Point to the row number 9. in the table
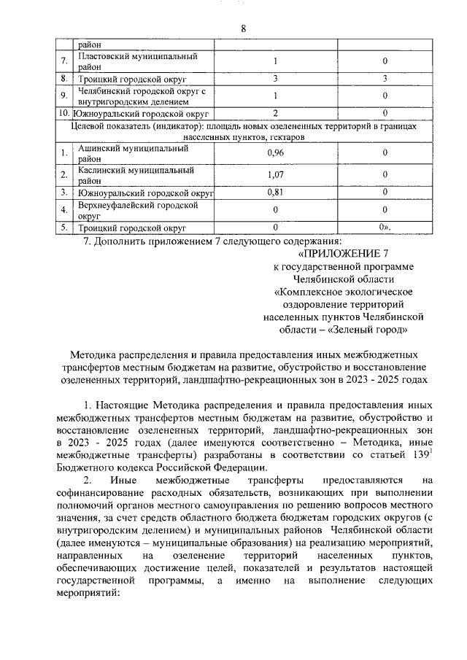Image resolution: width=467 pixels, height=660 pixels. (x=65, y=96)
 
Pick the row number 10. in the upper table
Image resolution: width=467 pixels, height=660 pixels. (x=65, y=114)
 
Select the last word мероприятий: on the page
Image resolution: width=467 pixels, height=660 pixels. (x=87, y=594)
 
